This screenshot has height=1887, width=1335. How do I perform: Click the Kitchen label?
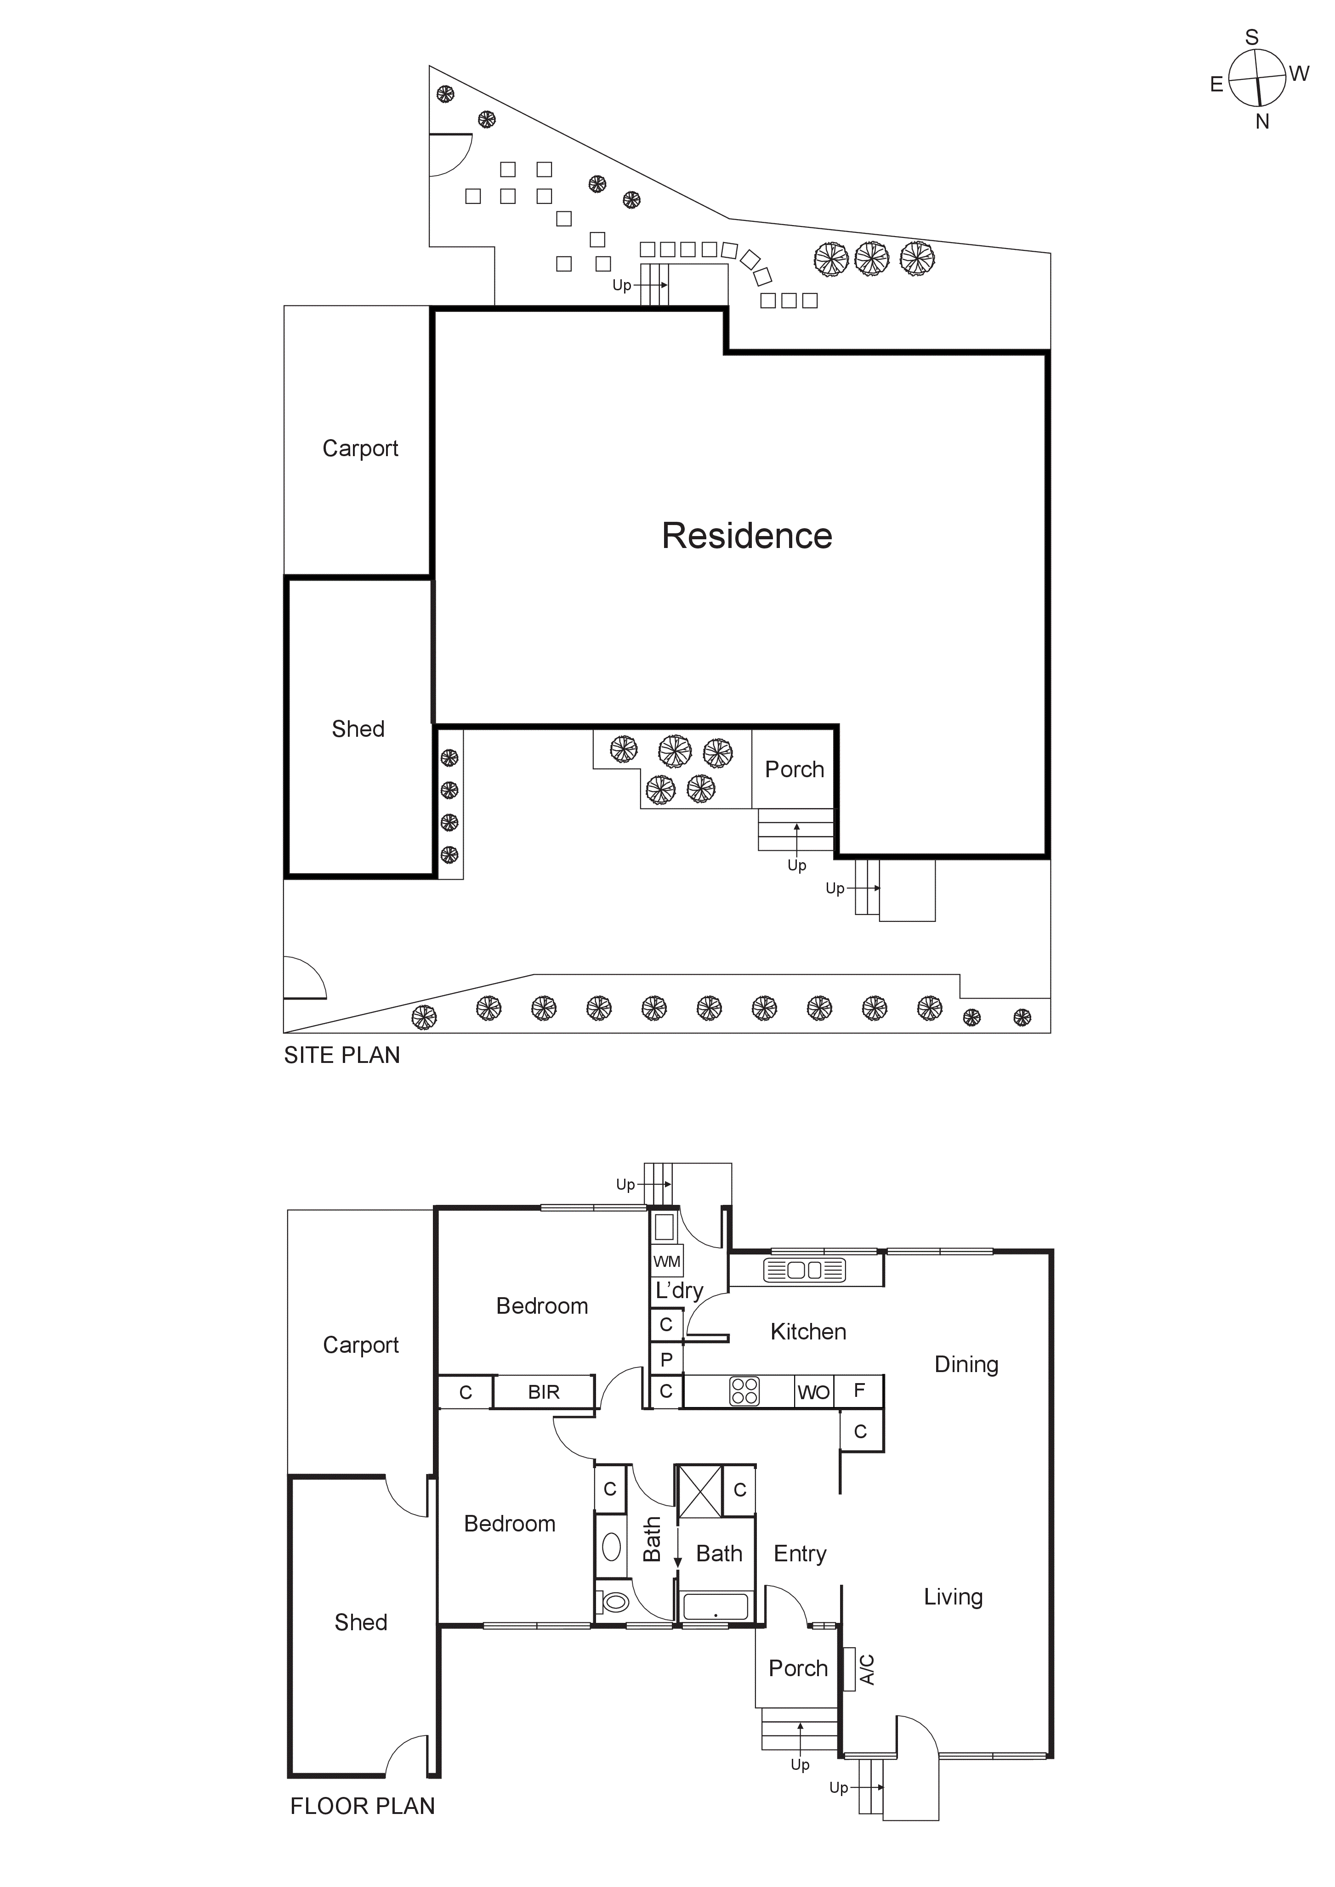tap(808, 1332)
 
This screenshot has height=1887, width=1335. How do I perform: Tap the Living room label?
tap(953, 1596)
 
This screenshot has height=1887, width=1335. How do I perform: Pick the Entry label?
tap(800, 1554)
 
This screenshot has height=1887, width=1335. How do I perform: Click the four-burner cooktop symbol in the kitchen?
tap(745, 1391)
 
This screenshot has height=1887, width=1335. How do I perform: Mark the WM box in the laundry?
tap(667, 1261)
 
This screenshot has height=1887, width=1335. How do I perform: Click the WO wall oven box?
tap(814, 1392)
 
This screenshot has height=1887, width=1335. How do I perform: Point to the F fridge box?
tap(859, 1390)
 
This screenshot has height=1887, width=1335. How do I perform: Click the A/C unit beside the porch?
tap(849, 1670)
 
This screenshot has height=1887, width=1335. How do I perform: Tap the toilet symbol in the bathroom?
tap(614, 1602)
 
